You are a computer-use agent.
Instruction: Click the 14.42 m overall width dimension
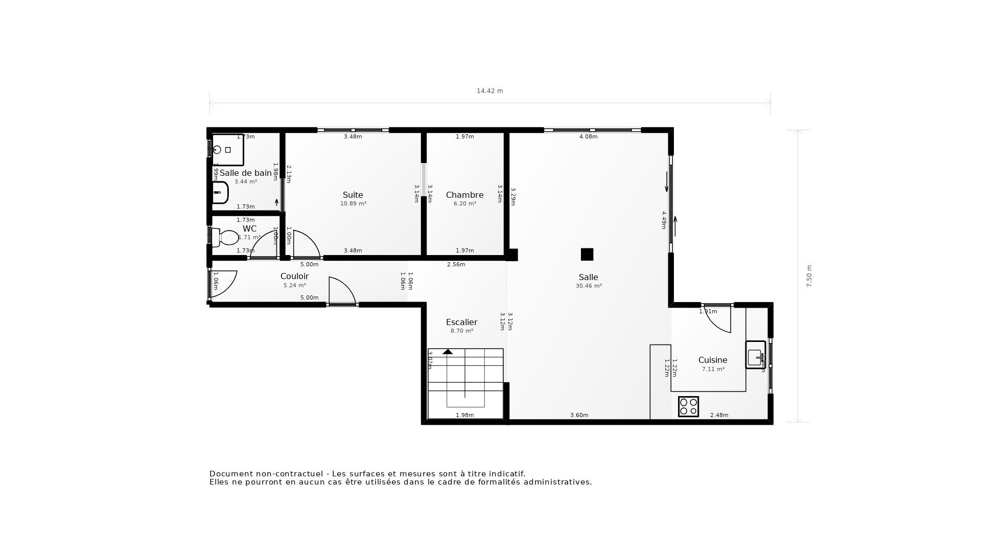tap(489, 91)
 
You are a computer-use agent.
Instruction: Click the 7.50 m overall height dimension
tap(809, 276)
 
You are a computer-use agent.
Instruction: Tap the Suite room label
tap(353, 195)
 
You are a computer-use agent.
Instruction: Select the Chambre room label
tap(464, 195)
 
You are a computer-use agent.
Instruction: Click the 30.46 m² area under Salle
tap(589, 286)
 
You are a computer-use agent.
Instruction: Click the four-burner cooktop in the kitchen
tap(688, 406)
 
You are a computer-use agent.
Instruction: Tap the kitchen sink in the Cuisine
tap(755, 355)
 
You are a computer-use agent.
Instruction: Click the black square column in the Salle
tap(587, 254)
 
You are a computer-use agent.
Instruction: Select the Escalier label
tap(461, 322)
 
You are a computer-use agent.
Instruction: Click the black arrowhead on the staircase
tap(448, 352)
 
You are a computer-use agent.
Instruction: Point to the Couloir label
tap(294, 276)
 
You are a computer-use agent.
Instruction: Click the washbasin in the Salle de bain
tap(220, 193)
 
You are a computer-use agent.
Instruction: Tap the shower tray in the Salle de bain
tap(227, 150)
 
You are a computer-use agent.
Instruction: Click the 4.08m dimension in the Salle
tap(588, 136)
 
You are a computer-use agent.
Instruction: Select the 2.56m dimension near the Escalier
tap(456, 264)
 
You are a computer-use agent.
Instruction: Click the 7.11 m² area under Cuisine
tap(713, 369)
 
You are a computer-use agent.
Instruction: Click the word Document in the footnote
tap(230, 474)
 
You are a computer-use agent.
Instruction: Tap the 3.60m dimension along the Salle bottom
tap(579, 415)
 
